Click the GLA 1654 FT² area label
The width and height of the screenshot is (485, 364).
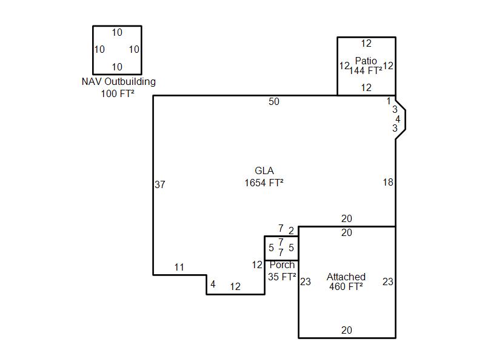pyautogui.click(x=264, y=177)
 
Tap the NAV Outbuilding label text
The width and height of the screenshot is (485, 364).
pyautogui.click(x=118, y=82)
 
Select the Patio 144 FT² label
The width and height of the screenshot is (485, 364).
pyautogui.click(x=366, y=66)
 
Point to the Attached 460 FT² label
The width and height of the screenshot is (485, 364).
pyautogui.click(x=346, y=281)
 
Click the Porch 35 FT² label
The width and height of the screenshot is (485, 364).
pyautogui.click(x=282, y=271)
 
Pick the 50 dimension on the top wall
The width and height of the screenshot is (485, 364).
pyautogui.click(x=274, y=101)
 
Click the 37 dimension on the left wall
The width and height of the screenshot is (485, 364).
pyautogui.click(x=160, y=184)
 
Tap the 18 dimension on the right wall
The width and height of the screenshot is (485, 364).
pyautogui.click(x=388, y=183)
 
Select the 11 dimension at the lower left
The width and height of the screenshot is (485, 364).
pyautogui.click(x=179, y=267)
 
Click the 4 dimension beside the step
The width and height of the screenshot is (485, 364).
pyautogui.click(x=213, y=284)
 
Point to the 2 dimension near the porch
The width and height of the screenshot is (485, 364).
pyautogui.click(x=291, y=231)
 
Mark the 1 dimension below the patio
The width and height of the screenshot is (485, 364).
pyautogui.click(x=389, y=101)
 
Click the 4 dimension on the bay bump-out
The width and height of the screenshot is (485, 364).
pyautogui.click(x=398, y=119)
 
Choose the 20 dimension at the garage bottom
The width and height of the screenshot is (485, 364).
pyautogui.click(x=346, y=330)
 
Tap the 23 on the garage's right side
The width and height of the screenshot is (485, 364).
pyautogui.click(x=388, y=281)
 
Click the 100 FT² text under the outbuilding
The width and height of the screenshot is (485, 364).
pyautogui.click(x=118, y=93)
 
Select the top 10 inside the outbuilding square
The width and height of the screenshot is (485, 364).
pyautogui.click(x=117, y=33)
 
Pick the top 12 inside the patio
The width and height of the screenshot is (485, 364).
pyautogui.click(x=366, y=43)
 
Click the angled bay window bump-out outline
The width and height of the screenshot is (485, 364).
pyautogui.click(x=405, y=119)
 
